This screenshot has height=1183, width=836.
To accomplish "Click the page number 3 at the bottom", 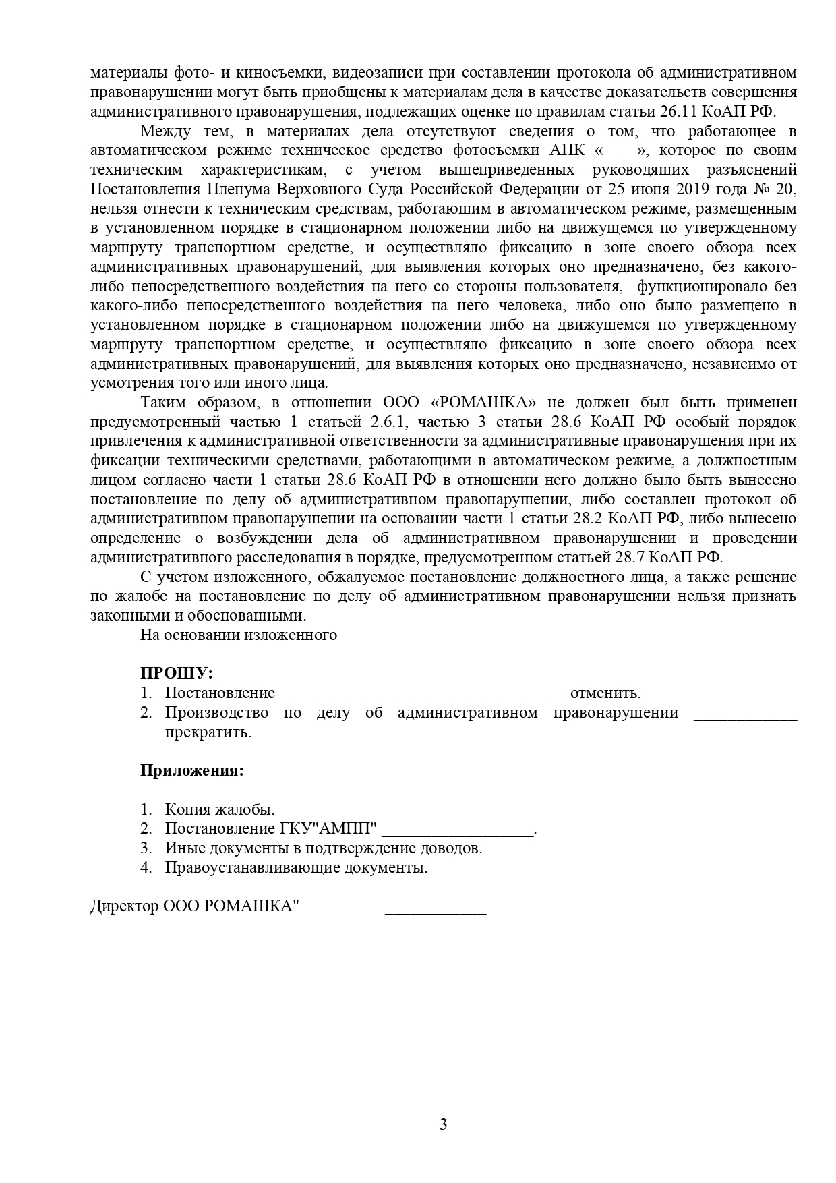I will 443,1124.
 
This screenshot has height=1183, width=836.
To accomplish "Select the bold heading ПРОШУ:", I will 176,673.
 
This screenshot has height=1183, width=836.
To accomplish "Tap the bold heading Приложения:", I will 192,770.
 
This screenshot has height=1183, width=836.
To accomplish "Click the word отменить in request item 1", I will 605,693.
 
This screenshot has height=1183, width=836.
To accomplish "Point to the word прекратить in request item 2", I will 208,732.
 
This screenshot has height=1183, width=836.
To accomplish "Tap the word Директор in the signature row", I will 125,907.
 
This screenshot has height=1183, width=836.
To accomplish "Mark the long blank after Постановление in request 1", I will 423,695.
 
